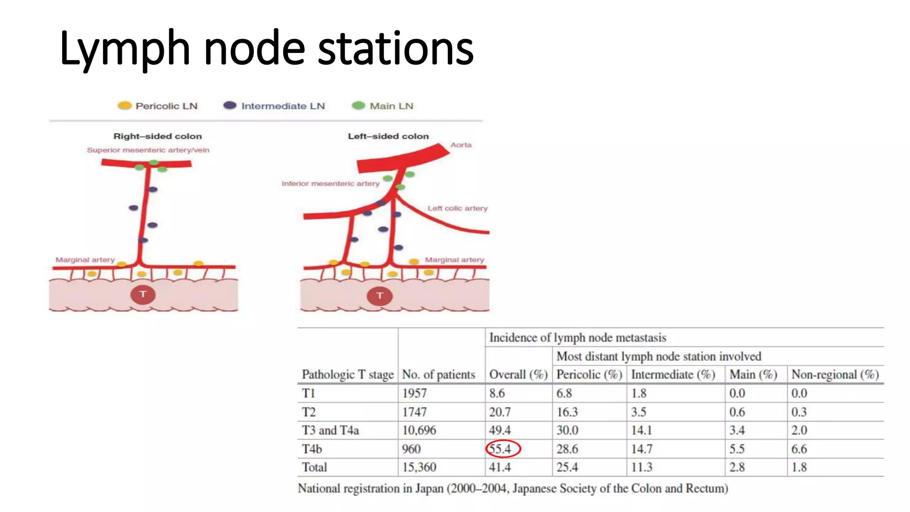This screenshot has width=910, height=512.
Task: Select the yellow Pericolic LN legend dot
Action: point(124,105)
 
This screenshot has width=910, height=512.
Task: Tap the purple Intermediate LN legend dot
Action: point(230,105)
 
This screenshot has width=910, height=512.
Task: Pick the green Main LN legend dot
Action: point(358,105)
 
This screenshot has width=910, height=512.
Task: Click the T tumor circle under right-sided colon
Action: point(143,294)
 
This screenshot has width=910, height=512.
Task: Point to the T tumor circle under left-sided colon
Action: point(379,296)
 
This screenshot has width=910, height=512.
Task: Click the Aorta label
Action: point(461,145)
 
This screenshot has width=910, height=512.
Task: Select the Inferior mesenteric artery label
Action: point(330,184)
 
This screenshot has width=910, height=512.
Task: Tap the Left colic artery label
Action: point(457,208)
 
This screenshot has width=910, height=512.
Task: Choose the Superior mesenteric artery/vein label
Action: point(148,150)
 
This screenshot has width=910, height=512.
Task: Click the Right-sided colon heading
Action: point(158,136)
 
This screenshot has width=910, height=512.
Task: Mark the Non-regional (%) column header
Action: point(835,375)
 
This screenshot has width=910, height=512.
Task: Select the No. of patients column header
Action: point(439,375)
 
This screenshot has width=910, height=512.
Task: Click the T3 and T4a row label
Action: point(330,430)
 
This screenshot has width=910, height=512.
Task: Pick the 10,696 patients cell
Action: point(419,430)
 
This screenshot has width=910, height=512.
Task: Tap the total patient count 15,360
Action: point(419,467)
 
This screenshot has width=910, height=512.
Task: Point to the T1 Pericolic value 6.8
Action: point(564,393)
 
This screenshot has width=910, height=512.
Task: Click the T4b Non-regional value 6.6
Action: point(799,449)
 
